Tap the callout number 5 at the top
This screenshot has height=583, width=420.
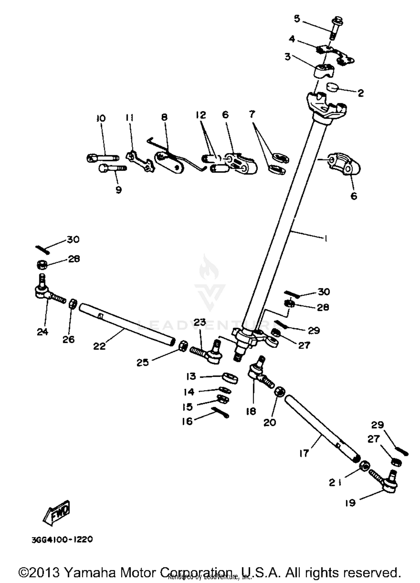tap(297, 19)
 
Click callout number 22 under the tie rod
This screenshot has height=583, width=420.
tap(99, 346)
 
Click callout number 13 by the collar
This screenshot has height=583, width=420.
tap(191, 376)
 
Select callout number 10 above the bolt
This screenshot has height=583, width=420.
tap(101, 118)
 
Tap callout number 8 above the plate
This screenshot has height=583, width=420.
tap(164, 117)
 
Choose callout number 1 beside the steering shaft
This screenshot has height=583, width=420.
tap(326, 238)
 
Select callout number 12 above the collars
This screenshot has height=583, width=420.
tap(201, 115)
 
